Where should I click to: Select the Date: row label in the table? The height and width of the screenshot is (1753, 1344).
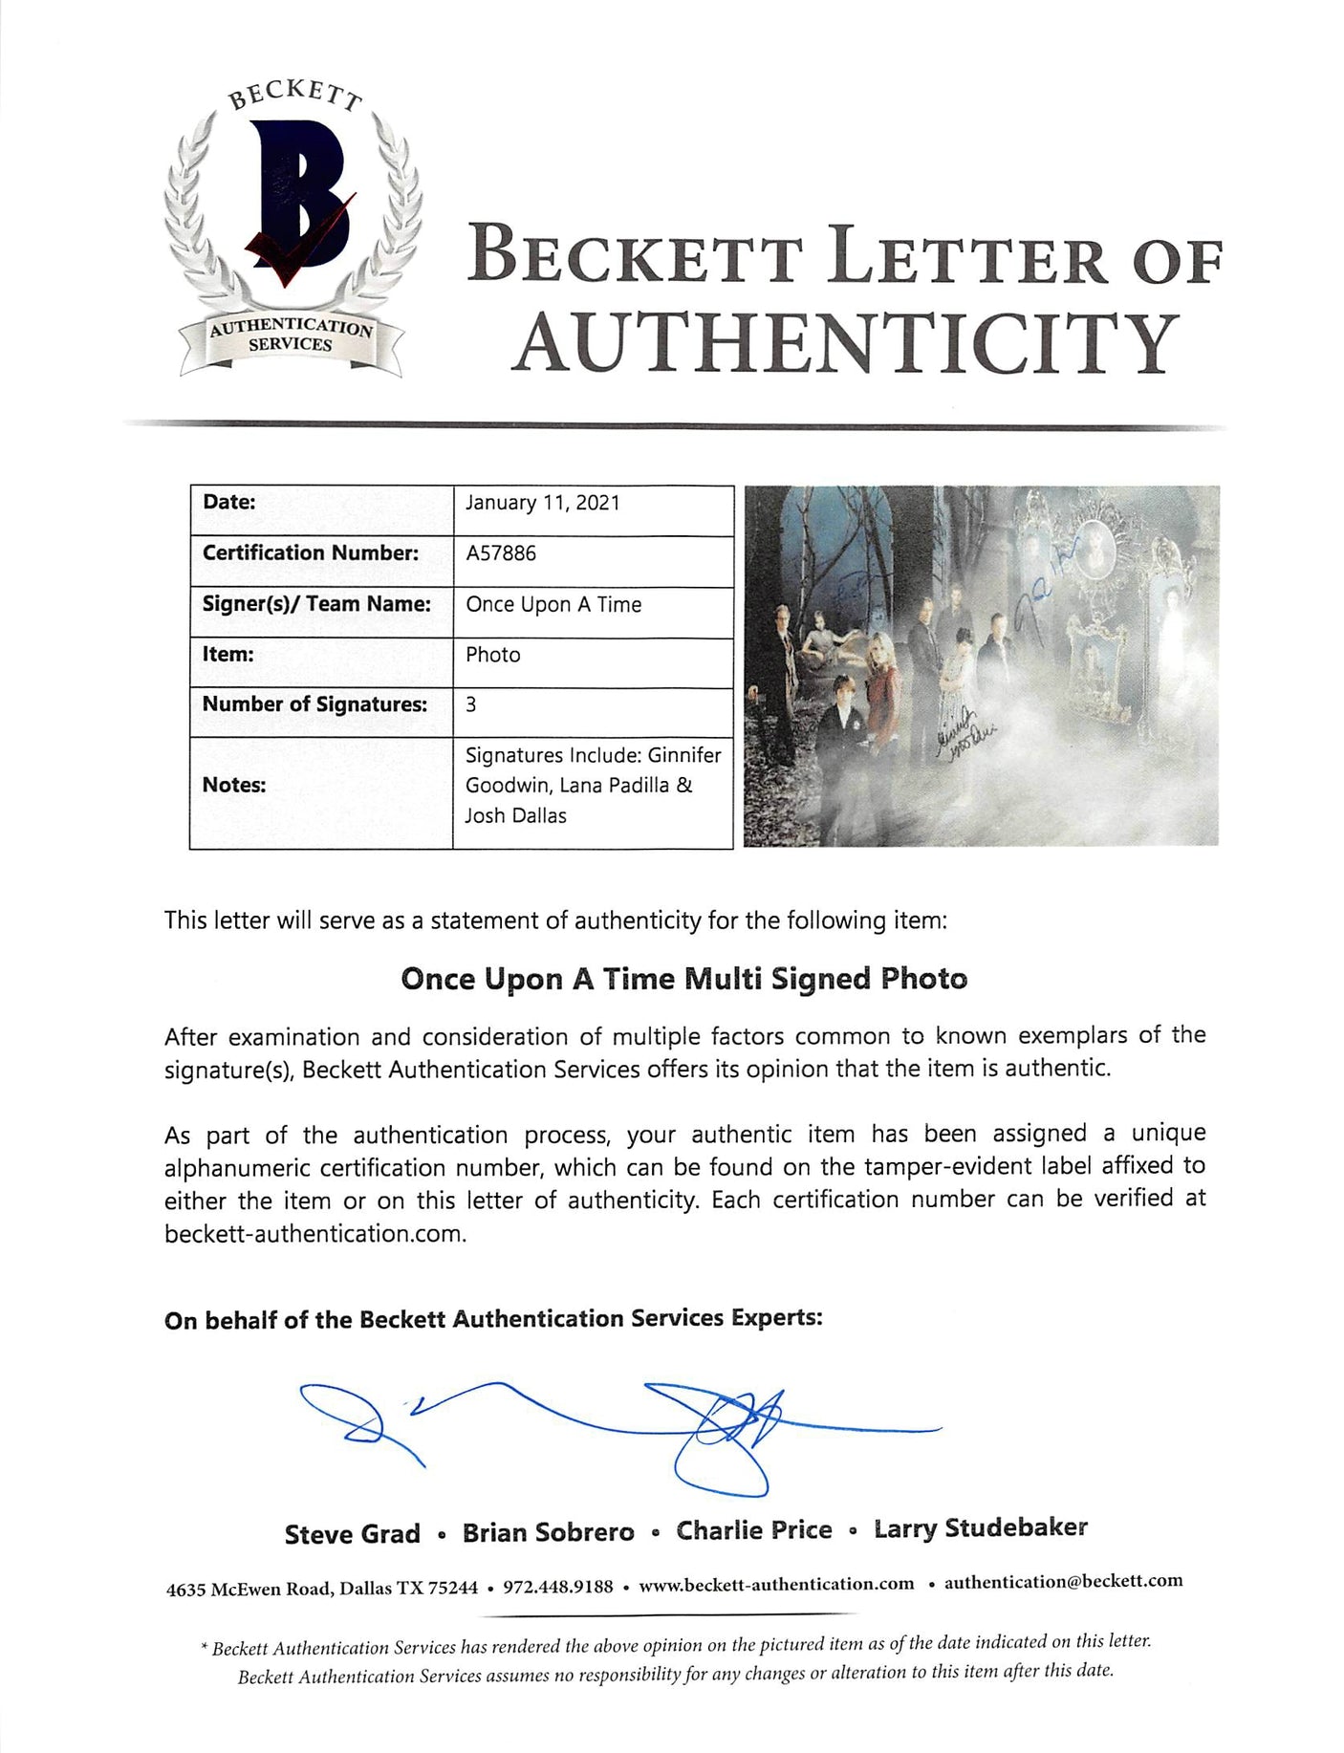point(229,502)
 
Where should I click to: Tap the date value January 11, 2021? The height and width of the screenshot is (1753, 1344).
point(542,503)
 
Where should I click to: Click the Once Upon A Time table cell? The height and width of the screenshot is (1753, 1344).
point(553,604)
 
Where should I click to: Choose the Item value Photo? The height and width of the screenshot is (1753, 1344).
point(493,655)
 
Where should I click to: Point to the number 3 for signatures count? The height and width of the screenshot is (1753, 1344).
point(471,704)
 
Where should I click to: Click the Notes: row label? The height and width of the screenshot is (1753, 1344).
point(234,785)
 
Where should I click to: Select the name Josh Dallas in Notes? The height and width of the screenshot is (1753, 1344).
point(516,816)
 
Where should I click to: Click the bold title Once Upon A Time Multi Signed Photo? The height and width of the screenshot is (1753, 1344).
point(683,979)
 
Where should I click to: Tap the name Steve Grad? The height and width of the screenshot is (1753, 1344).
point(352,1534)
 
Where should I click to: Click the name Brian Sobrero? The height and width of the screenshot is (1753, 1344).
point(548,1533)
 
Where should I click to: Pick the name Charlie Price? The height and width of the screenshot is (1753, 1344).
point(754,1530)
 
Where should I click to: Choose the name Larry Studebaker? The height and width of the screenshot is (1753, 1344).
point(980,1528)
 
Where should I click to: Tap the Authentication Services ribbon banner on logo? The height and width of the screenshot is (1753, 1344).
point(291,335)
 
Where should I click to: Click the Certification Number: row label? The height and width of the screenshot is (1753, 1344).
point(310,553)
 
